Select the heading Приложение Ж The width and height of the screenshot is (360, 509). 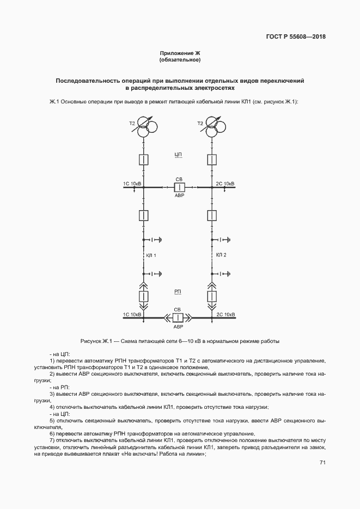(180, 53)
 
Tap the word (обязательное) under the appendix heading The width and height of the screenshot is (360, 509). (180, 59)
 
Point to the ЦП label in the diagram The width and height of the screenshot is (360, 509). (178, 155)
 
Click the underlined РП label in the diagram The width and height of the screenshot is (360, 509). (178, 292)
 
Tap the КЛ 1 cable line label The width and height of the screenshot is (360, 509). (151, 255)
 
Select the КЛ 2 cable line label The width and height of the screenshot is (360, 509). (221, 255)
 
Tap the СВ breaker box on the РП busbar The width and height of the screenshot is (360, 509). (178, 318)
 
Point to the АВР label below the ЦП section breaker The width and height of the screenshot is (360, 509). (179, 195)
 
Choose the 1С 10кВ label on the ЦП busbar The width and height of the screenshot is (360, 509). (132, 184)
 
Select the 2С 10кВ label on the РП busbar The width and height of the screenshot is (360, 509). (225, 315)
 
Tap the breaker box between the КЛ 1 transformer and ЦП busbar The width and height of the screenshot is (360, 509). (143, 160)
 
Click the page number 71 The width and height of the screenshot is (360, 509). (322, 463)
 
